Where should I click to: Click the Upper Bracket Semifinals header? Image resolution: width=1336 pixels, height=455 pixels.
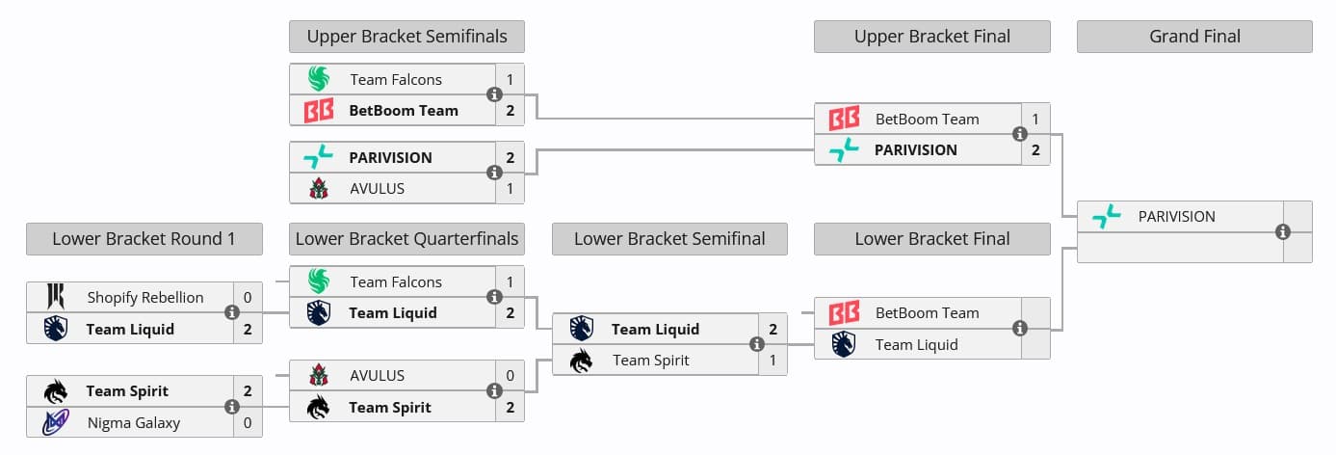click(406, 37)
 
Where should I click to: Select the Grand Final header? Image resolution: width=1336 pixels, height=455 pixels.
click(1194, 37)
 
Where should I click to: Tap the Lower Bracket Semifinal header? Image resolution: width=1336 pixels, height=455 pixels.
click(669, 239)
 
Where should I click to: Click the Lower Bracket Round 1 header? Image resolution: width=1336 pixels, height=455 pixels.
click(144, 239)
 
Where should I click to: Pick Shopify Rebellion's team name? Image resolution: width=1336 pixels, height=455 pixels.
click(145, 297)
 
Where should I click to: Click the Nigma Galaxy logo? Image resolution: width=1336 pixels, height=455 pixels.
click(56, 422)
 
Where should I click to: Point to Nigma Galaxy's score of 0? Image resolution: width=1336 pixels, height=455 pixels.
click(248, 422)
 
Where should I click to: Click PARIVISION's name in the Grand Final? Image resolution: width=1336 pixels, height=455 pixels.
click(1176, 216)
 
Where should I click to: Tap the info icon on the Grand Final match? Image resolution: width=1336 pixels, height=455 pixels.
click(1282, 231)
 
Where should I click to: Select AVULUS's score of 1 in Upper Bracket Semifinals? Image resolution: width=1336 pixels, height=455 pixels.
click(510, 188)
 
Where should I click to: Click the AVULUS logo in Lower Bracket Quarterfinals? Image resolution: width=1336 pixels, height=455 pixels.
click(319, 375)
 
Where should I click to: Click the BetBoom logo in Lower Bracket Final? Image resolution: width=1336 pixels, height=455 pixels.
click(844, 312)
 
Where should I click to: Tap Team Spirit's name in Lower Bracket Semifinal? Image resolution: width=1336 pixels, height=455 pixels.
click(652, 360)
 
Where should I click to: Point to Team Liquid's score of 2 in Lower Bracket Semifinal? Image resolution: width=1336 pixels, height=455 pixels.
click(773, 329)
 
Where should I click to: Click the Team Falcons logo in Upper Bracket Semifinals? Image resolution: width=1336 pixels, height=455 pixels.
click(319, 79)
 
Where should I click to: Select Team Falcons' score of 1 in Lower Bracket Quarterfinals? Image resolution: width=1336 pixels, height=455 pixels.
click(510, 281)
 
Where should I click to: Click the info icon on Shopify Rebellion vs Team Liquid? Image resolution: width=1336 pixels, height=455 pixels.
click(232, 312)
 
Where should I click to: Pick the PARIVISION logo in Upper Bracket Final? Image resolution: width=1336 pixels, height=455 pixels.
click(844, 149)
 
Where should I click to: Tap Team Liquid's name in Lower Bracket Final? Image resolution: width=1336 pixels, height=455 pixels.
click(916, 344)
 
